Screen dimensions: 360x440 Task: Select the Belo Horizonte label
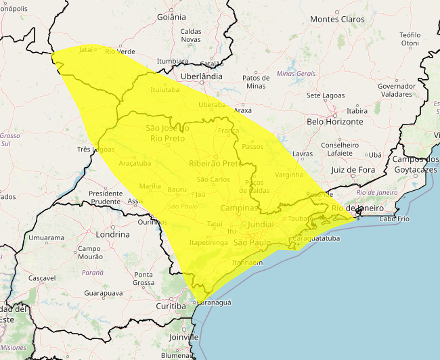(x=334, y=122)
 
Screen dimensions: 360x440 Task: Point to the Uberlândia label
(x=202, y=76)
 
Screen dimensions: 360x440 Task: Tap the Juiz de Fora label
(x=353, y=170)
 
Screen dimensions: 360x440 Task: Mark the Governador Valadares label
(x=396, y=90)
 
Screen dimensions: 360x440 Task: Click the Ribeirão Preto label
(x=215, y=163)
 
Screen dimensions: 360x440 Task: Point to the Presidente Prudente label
(x=106, y=198)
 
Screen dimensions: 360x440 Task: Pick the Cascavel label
(x=42, y=278)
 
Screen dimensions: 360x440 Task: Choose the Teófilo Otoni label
(x=410, y=39)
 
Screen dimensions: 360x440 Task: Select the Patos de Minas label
(x=256, y=82)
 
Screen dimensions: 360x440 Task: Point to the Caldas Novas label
(x=190, y=35)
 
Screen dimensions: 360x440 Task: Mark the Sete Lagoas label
(x=326, y=95)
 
